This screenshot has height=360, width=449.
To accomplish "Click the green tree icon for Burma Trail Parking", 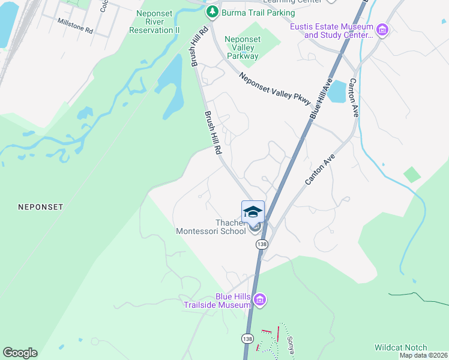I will click(211, 12).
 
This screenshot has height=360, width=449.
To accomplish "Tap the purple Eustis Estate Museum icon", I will click(382, 29).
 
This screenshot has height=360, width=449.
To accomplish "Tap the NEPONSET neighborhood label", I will click(41, 206).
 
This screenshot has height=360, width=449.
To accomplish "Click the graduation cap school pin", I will click(253, 212).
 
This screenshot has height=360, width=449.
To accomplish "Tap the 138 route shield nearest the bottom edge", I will click(247, 338).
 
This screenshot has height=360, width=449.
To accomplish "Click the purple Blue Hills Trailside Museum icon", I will click(259, 300).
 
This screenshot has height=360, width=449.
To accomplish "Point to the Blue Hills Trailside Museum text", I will click(217, 301).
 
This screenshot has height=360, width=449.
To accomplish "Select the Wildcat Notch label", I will click(400, 347).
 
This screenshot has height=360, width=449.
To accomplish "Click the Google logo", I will click(20, 353).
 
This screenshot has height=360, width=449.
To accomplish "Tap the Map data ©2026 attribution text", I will click(423, 355).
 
